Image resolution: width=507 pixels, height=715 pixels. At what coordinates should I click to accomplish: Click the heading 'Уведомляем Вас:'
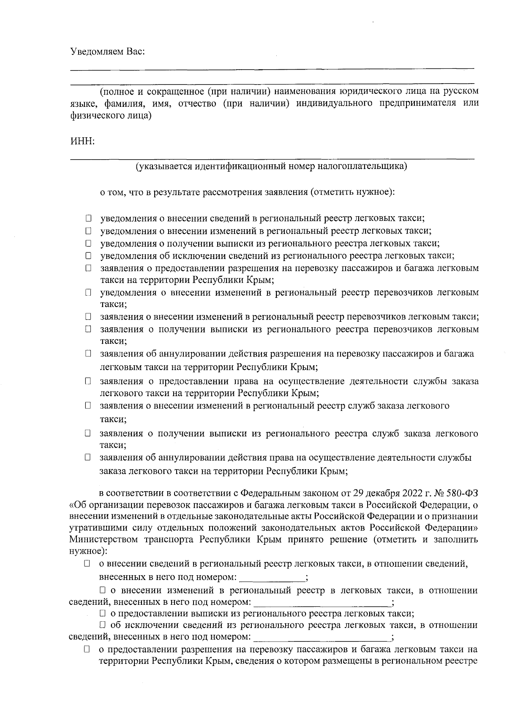pos(107,52)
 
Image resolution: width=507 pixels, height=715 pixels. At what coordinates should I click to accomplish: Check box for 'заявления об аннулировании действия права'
pos(87,457)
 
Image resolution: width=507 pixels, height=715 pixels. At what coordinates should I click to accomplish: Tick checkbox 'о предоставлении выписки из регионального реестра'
pos(102,614)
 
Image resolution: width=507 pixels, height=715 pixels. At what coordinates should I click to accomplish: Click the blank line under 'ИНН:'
pos(272,158)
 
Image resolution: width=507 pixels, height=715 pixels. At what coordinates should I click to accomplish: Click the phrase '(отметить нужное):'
pos(352,193)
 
